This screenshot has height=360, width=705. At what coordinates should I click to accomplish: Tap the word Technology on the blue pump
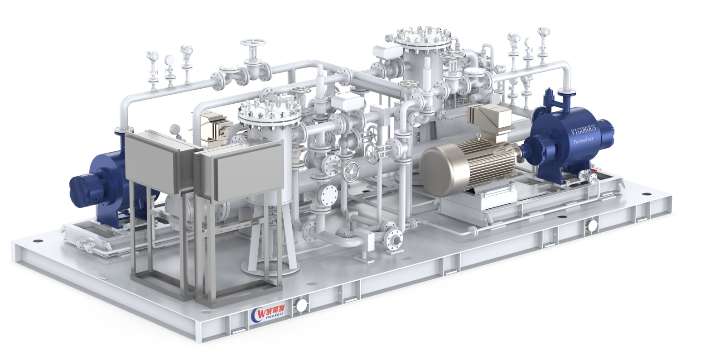coord(583,140)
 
